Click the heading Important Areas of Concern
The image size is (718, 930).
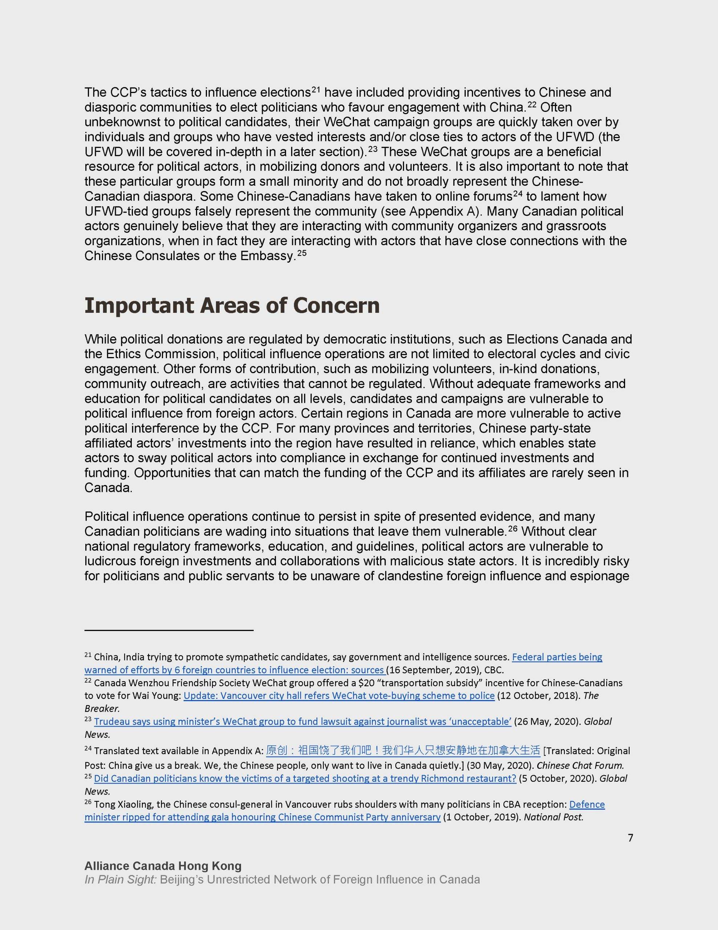coord(232,306)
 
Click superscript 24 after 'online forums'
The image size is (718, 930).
coord(517,194)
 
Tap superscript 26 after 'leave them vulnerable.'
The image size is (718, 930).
coord(514,529)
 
